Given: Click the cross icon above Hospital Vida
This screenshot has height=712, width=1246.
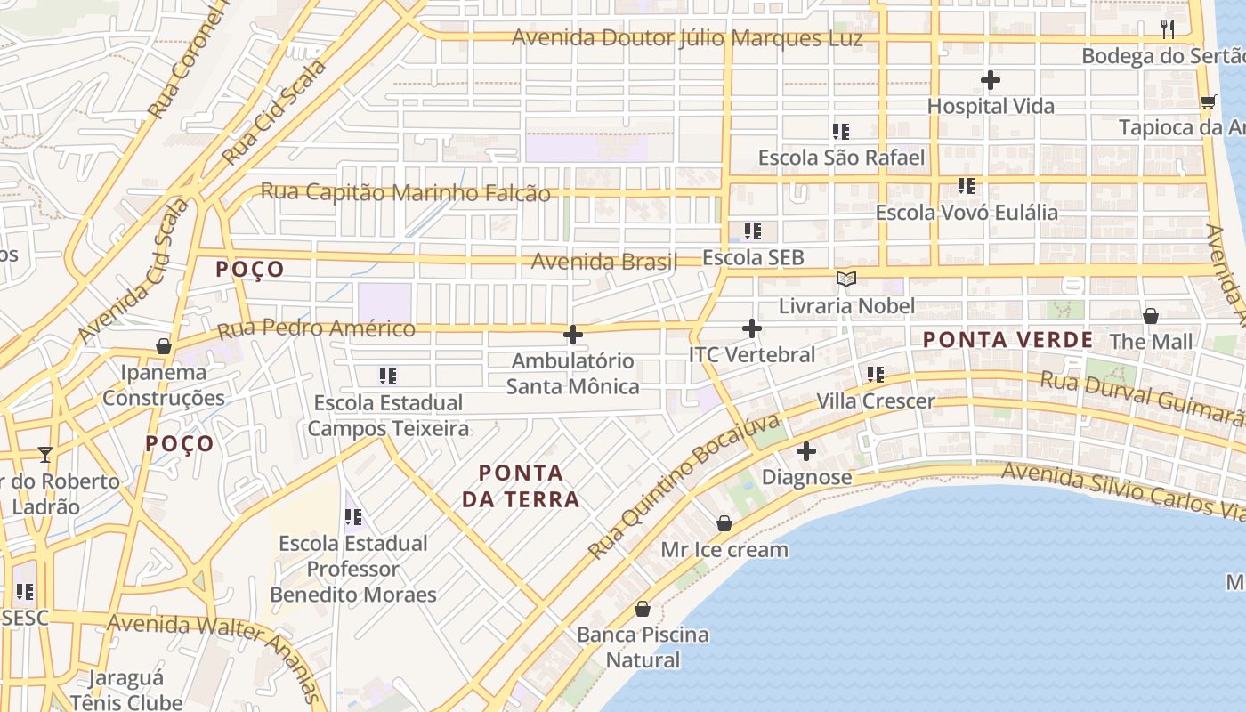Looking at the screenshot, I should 991,81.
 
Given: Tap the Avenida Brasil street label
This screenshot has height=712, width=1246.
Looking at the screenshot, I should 604,262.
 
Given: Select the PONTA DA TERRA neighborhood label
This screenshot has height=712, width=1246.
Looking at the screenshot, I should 521,486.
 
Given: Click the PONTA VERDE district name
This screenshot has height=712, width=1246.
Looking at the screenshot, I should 1007,340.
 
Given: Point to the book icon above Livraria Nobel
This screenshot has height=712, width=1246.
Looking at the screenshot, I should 845,279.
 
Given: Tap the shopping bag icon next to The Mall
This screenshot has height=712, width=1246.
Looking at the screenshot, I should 1151,316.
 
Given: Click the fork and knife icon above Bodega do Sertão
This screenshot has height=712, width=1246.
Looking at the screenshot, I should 1169,29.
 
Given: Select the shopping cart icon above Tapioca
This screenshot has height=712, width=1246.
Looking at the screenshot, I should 1208,101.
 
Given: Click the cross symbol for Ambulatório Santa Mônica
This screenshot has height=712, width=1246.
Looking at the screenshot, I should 573,335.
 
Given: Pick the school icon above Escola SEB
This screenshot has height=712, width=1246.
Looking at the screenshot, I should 753,231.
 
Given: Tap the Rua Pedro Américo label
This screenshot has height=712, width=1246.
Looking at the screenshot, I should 316,329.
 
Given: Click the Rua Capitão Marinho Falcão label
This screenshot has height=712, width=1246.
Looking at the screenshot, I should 405,192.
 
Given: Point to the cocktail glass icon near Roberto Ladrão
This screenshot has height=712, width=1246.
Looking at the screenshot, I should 45,455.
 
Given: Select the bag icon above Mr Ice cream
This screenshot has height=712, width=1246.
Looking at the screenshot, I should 724,523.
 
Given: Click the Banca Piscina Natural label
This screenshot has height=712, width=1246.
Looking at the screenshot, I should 643,647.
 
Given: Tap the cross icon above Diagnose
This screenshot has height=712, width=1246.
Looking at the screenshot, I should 806,451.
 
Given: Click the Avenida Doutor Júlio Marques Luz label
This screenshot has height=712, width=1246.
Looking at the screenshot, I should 687,38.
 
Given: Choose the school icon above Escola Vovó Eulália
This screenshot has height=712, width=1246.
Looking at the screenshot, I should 967,186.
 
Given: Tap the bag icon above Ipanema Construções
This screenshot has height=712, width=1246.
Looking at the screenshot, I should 164,345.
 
